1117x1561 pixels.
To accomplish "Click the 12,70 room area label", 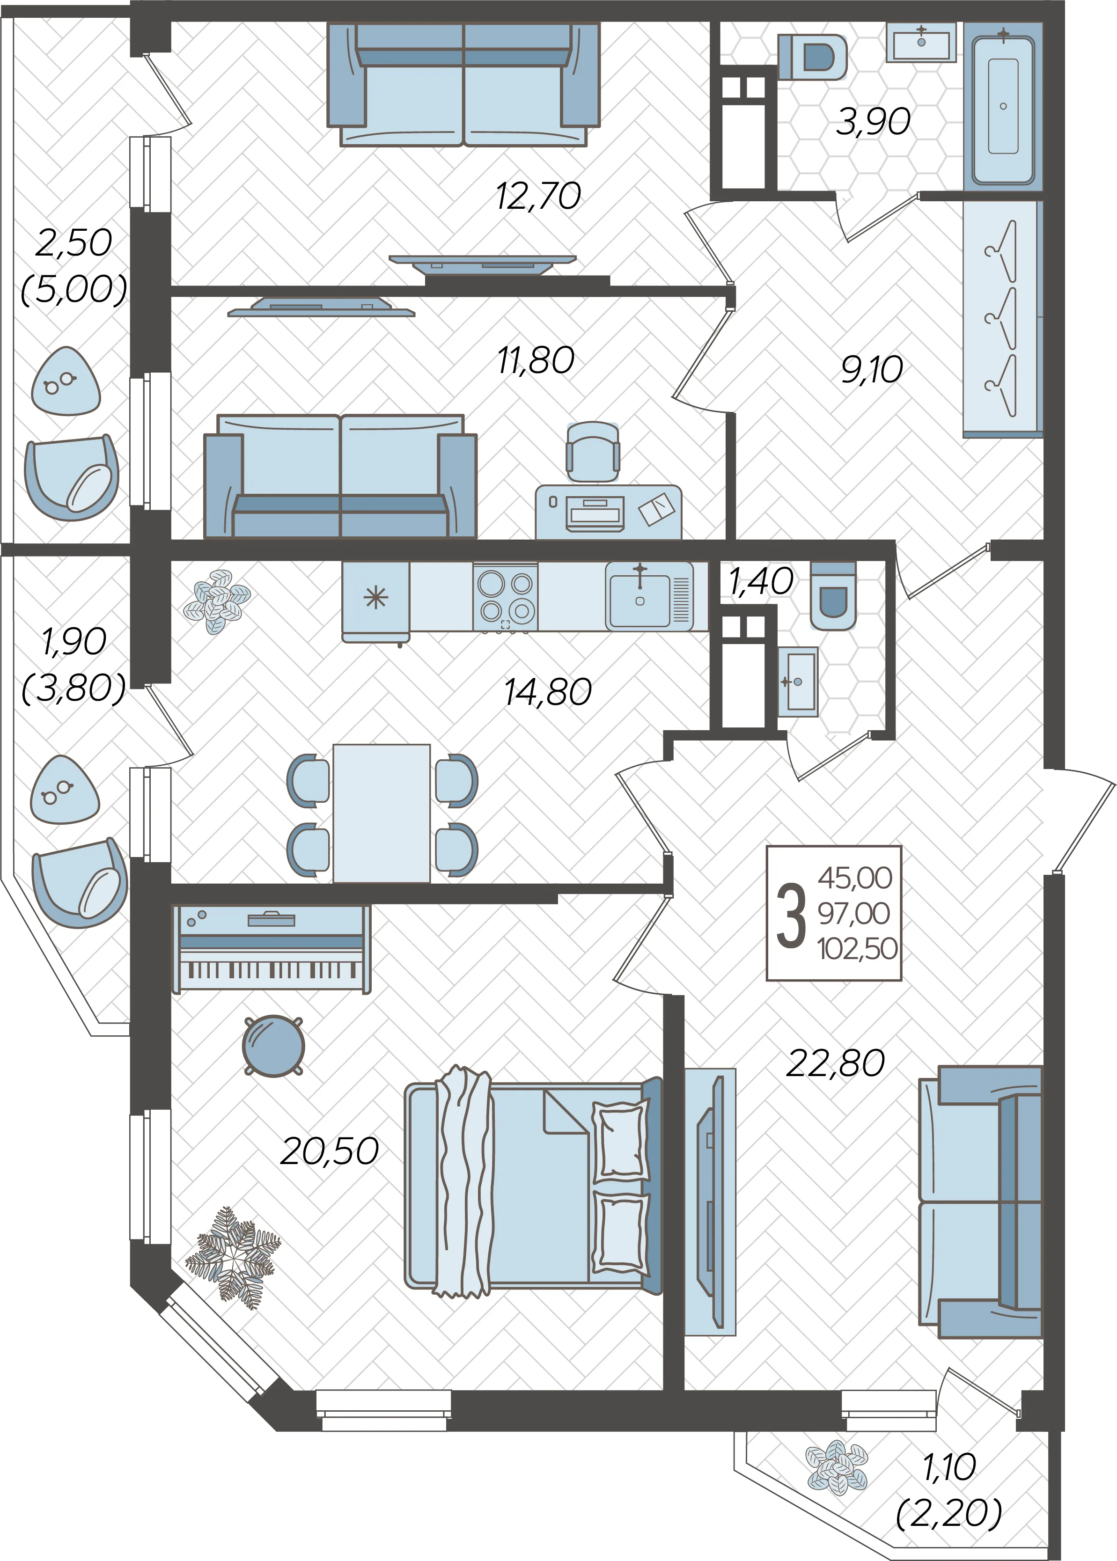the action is pyautogui.click(x=538, y=196).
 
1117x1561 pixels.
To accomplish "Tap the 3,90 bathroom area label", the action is pyautogui.click(x=873, y=121).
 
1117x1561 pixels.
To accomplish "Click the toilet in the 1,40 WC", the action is pyautogui.click(x=833, y=595).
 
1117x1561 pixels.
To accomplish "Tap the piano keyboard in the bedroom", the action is pyautogui.click(x=271, y=949).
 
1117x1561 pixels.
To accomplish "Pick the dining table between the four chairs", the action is pyautogui.click(x=382, y=813).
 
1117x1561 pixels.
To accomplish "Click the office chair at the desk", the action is pyautogui.click(x=593, y=452).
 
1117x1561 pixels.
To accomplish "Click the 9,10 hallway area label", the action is pyautogui.click(x=871, y=370).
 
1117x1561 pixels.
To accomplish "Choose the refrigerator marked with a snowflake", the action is pyautogui.click(x=375, y=601).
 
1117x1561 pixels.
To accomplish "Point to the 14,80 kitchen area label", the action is pyautogui.click(x=547, y=692).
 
